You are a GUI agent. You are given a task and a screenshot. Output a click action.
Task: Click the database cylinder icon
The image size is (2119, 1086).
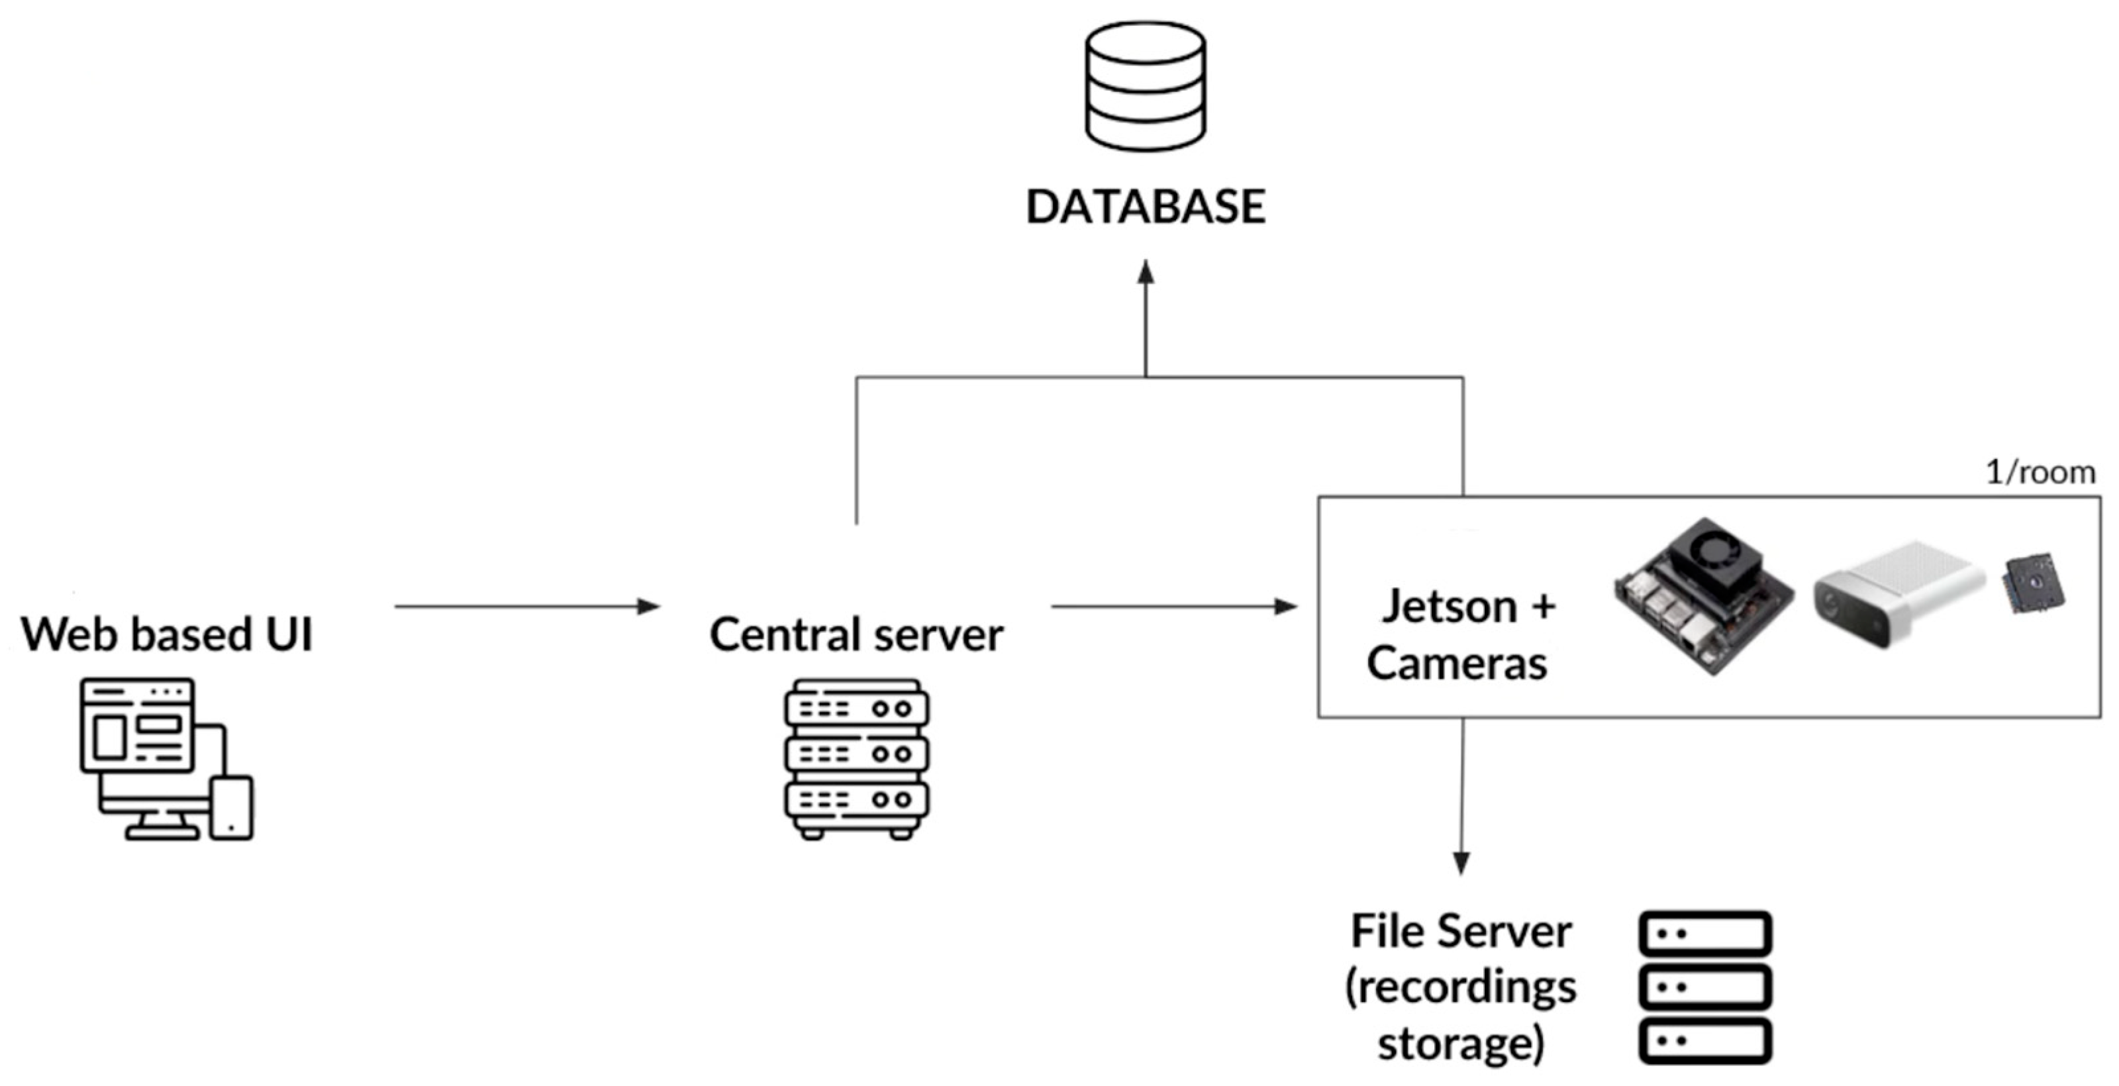point(1145,86)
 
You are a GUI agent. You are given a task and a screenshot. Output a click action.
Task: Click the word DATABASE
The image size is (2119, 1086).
point(1145,207)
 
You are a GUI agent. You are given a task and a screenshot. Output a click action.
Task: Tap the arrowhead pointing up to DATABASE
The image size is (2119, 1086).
point(1145,273)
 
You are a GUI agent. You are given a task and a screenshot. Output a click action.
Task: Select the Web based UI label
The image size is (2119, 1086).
point(167,634)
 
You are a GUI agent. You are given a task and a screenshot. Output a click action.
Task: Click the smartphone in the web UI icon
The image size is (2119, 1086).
point(231,807)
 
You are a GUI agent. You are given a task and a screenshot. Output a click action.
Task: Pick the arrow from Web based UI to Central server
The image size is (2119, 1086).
point(526,607)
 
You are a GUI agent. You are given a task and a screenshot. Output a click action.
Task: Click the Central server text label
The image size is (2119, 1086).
point(856,634)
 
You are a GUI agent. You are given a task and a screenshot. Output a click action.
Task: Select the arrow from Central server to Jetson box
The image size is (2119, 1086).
point(1173,607)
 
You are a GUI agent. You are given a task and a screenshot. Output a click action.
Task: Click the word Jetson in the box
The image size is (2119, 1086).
point(1449,607)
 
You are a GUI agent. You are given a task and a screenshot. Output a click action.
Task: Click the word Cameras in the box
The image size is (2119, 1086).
point(1457,663)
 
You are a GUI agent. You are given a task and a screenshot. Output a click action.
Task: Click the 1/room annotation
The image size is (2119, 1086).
point(2040,472)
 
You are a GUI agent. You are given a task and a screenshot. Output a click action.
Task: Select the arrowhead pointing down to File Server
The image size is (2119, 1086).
point(1461,862)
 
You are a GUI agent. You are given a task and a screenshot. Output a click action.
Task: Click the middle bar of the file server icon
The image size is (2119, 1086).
point(1704,987)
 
